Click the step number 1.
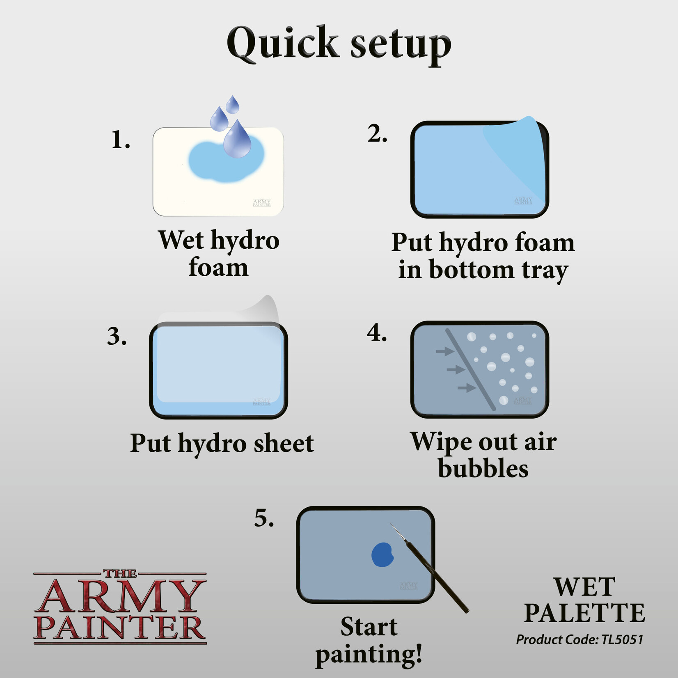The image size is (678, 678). point(120,140)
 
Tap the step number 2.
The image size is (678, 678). point(377,134)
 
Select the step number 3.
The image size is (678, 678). point(117,337)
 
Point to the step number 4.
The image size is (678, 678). point(377,333)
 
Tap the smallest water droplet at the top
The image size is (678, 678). point(233,105)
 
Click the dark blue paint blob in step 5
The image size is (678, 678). point(383,555)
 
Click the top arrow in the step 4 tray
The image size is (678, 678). point(444,351)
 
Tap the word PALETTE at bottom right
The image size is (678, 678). point(584,614)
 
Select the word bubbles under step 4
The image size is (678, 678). point(483,469)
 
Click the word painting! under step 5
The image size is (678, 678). point(369,655)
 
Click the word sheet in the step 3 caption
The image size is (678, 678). point(284,444)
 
